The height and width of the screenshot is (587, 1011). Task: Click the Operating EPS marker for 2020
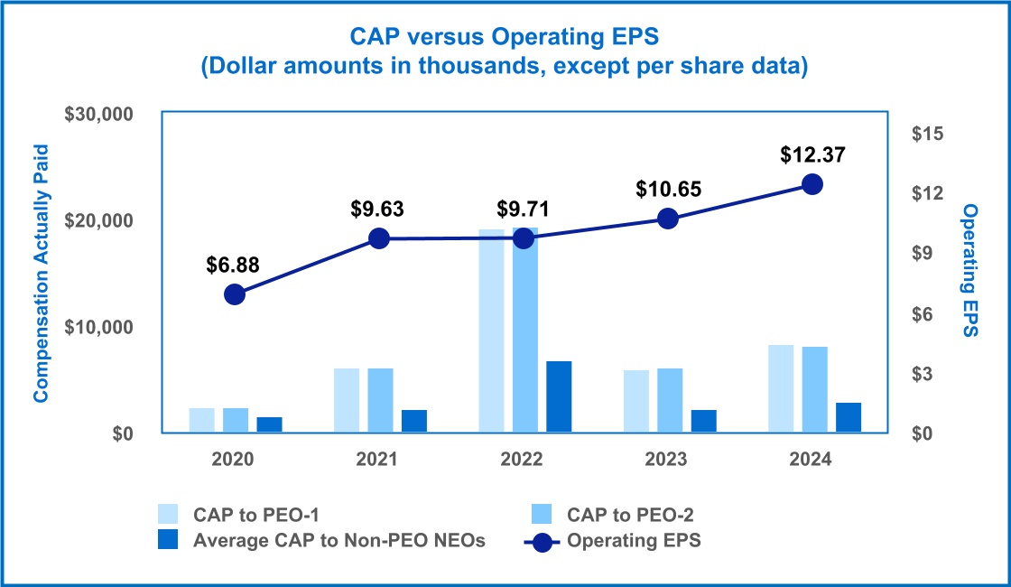point(235,294)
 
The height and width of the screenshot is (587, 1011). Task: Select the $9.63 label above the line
point(377,210)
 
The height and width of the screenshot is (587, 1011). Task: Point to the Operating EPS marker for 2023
point(667,219)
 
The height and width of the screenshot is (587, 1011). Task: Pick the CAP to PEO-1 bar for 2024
point(781,388)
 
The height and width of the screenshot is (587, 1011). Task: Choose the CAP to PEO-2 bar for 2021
point(381,400)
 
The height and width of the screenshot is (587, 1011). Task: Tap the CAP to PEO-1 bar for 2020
point(202,420)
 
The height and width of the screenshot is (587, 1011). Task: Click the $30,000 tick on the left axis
point(99,115)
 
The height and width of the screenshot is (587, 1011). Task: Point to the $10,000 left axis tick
point(99,327)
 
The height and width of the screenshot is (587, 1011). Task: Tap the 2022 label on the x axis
point(521,459)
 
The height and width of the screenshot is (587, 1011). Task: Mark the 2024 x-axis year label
point(810,459)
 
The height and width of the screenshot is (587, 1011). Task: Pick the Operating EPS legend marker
point(543,542)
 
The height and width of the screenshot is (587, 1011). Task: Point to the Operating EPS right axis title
point(970,271)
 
